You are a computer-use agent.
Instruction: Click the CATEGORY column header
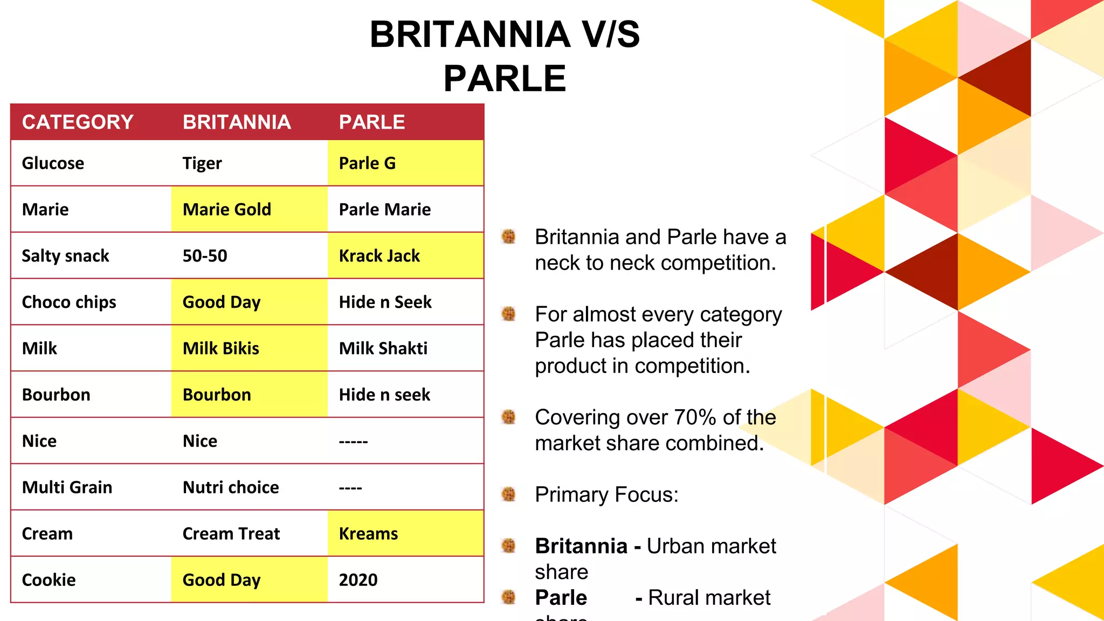tap(78, 122)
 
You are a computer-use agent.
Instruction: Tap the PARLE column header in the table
tap(371, 122)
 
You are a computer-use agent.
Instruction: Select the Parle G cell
tap(367, 163)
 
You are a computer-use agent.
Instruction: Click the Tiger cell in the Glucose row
tap(202, 163)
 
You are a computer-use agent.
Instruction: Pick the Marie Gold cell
tap(227, 210)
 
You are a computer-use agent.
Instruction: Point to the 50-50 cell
tap(205, 256)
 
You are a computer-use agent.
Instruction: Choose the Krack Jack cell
tap(379, 256)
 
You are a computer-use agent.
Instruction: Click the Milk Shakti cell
tap(383, 349)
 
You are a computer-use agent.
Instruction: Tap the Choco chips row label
tap(69, 302)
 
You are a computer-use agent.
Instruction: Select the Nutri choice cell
tap(231, 488)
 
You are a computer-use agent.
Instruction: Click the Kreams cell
tap(368, 534)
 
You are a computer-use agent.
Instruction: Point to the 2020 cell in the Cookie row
tap(358, 581)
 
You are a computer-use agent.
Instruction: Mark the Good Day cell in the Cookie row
tap(222, 581)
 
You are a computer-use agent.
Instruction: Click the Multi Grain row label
tap(67, 488)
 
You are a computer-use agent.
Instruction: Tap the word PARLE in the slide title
tap(505, 79)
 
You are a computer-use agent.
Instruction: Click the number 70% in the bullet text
tap(695, 418)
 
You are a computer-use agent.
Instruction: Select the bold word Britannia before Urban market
tap(581, 547)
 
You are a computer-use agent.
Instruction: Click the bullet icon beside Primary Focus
tap(508, 494)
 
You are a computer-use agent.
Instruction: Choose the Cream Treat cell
tap(231, 534)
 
